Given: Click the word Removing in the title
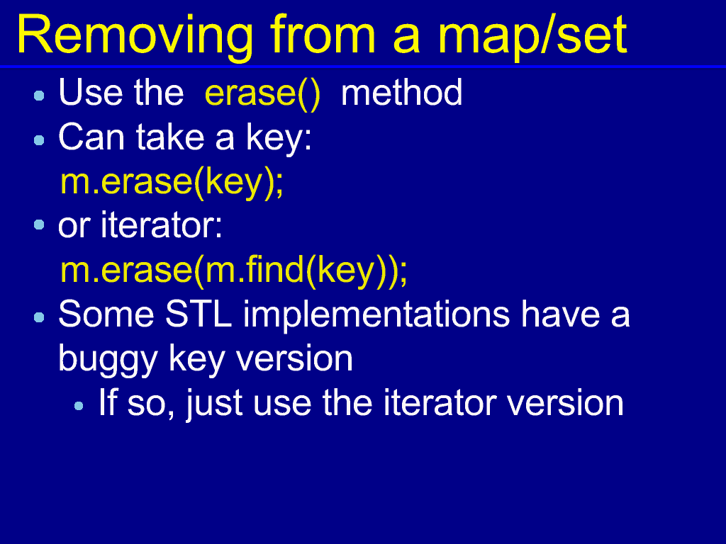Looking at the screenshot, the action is [135, 37].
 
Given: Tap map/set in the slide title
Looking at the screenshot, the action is [532, 37].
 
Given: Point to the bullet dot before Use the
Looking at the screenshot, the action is [40, 96].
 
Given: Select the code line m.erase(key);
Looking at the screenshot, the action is [172, 183].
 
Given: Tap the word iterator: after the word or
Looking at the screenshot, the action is [162, 225].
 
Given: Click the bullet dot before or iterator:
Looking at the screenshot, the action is [40, 225].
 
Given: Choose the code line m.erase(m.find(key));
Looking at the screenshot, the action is [234, 271].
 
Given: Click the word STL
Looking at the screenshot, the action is [199, 314].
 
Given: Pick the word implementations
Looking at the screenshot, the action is [376, 315].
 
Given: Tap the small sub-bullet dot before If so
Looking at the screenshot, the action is [79, 406].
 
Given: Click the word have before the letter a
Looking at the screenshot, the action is [561, 314].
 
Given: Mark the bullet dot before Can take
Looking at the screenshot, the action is [40, 140].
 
